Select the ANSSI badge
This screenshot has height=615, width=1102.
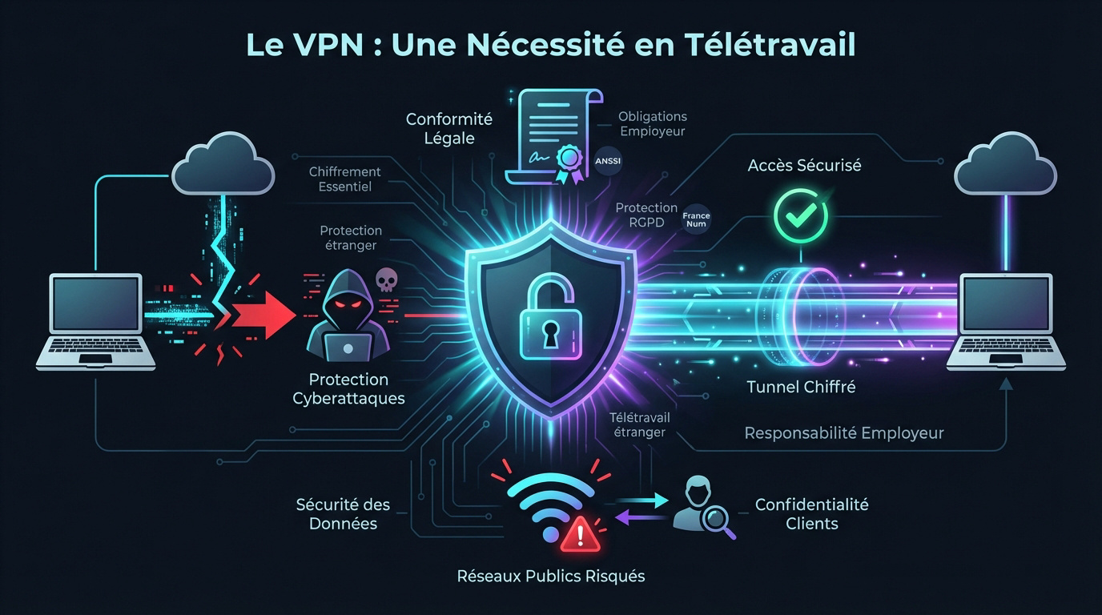(x=608, y=161)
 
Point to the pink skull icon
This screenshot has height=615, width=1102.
(x=386, y=279)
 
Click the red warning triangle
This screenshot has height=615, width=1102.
(x=581, y=533)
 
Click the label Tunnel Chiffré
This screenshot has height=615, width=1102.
(x=801, y=387)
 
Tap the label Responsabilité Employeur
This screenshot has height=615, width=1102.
(x=843, y=433)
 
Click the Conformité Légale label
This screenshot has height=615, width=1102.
(x=448, y=129)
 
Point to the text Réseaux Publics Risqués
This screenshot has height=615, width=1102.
(x=550, y=576)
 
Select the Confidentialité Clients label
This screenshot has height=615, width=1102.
(x=811, y=514)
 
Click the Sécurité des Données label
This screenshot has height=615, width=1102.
(x=343, y=514)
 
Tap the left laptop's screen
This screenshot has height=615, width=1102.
(x=95, y=305)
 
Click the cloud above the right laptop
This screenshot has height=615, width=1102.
(x=1005, y=166)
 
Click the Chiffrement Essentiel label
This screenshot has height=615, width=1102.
(x=344, y=179)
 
